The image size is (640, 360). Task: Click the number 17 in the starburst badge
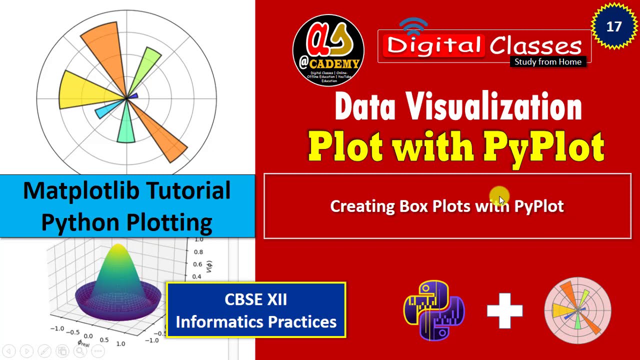(x=613, y=26)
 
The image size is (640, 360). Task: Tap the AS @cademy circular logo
(x=328, y=50)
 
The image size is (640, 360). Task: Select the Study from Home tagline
(x=548, y=62)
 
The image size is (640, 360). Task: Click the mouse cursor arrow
(x=502, y=200)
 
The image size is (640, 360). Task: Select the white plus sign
(x=504, y=311)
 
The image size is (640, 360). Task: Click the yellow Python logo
(x=434, y=310)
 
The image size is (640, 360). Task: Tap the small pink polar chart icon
(x=577, y=310)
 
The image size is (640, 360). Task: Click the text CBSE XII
(x=255, y=299)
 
